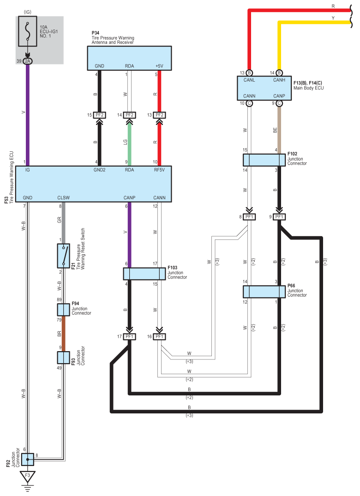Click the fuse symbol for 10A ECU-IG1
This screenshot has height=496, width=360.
tap(28, 31)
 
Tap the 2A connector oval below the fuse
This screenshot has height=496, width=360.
tap(28, 61)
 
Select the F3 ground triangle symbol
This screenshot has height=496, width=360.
tap(28, 477)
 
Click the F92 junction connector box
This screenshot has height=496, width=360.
tap(28, 459)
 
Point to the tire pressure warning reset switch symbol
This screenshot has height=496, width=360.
tap(64, 256)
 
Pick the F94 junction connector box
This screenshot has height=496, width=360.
tap(63, 310)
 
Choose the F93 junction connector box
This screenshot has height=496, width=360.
tap(63, 358)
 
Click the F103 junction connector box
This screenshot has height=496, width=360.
tap(144, 274)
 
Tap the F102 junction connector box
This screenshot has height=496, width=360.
tap(264, 160)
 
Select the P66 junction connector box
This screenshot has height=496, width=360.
tap(264, 292)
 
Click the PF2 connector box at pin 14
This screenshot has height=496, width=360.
tap(129, 115)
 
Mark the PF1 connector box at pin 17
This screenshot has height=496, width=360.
tap(129, 336)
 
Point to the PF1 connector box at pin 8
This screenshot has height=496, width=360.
tap(249, 217)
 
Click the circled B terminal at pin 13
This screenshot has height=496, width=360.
tap(249, 73)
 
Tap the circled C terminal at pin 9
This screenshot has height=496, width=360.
tap(279, 103)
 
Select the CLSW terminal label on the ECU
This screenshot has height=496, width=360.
tap(64, 197)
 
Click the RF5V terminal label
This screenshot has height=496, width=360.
tap(159, 170)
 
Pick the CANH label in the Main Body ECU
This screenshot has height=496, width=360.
tap(279, 80)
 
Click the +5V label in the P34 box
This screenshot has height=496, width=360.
tap(159, 66)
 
